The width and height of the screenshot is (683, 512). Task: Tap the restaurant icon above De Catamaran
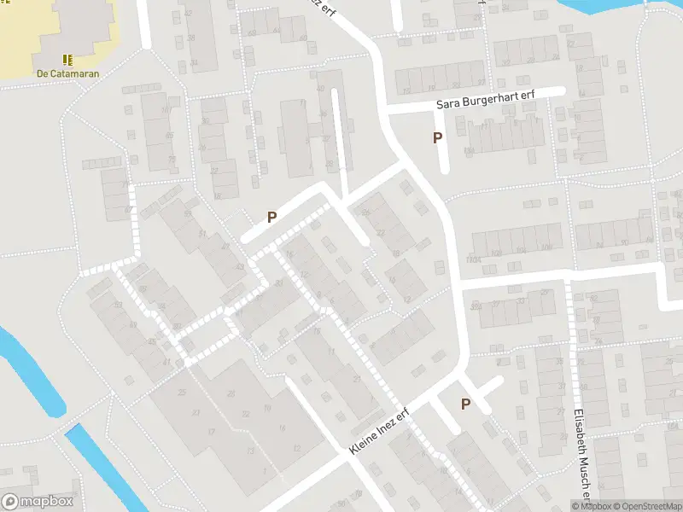(x=67, y=60)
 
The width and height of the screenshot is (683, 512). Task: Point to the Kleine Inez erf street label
(x=380, y=432)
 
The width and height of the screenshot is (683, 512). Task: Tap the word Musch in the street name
(x=583, y=477)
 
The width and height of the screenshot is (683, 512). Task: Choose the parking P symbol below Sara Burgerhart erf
(x=438, y=137)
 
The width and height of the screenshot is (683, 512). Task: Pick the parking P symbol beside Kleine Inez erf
(x=465, y=404)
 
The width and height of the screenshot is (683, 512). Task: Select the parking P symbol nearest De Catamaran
(x=271, y=217)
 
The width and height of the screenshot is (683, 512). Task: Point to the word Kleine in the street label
(x=364, y=441)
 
